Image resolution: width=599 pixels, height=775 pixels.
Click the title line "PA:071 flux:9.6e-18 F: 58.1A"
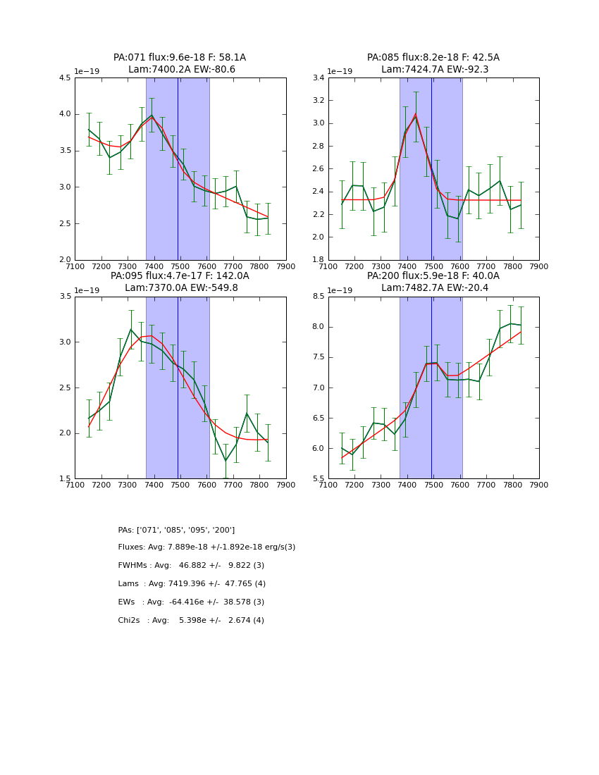pyautogui.click(x=180, y=58)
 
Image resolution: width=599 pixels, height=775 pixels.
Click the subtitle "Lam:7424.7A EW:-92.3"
pyautogui.click(x=433, y=70)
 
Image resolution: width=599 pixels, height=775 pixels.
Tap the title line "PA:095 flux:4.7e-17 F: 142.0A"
pyautogui.click(x=180, y=276)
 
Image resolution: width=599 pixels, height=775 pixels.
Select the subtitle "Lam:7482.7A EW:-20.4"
pyautogui.click(x=433, y=288)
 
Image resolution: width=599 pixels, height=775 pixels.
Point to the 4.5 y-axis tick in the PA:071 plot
pyautogui.click(x=65, y=78)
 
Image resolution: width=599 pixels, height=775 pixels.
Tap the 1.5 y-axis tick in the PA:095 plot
pyautogui.click(x=65, y=479)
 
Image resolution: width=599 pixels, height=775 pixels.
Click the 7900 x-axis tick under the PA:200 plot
pyautogui.click(x=539, y=485)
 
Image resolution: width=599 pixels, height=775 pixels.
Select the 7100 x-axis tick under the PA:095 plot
pyautogui.click(x=75, y=485)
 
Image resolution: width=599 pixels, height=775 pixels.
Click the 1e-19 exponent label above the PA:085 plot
pyautogui.click(x=340, y=72)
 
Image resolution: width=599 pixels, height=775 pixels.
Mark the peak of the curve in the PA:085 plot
pyautogui.click(x=416, y=113)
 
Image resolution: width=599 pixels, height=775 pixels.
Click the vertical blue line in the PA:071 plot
pyautogui.click(x=178, y=169)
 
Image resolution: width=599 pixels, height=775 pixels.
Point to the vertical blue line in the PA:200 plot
pyautogui.click(x=431, y=387)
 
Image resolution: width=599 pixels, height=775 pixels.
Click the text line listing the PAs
pyautogui.click(x=176, y=530)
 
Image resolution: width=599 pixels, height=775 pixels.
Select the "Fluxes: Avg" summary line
pyautogui.click(x=206, y=547)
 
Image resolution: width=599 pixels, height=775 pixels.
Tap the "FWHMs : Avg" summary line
pyautogui.click(x=191, y=566)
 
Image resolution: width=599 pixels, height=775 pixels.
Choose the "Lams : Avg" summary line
pyautogui.click(x=192, y=584)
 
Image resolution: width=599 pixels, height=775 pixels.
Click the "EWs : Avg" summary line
pyautogui.click(x=191, y=602)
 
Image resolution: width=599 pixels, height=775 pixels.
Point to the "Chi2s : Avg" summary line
pyautogui.click(x=191, y=621)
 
